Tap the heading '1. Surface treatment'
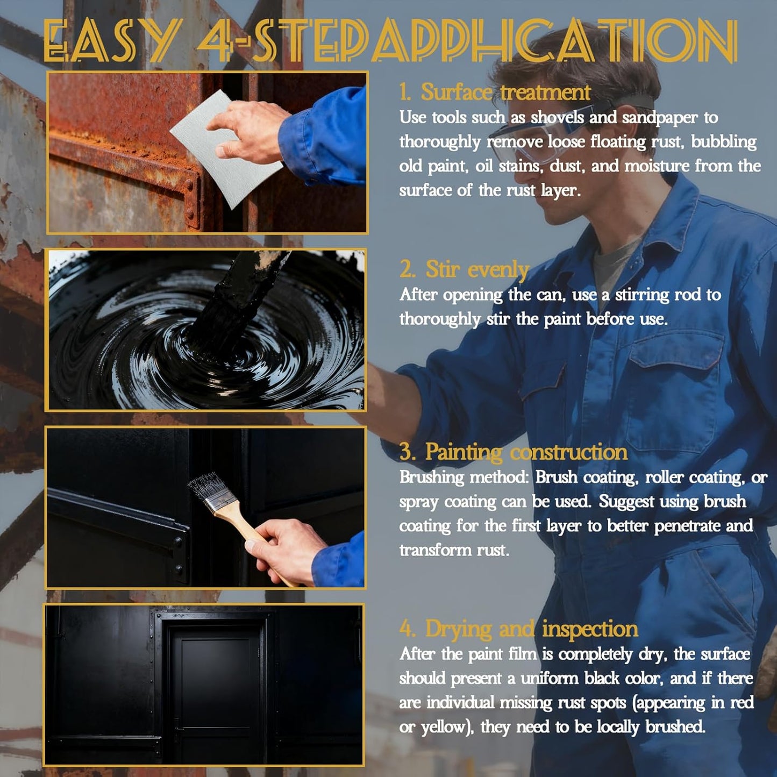coord(495,92)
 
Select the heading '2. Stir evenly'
coord(465,269)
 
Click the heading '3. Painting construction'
coord(513,452)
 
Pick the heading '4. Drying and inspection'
coord(518,629)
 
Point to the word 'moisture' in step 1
coord(656,166)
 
